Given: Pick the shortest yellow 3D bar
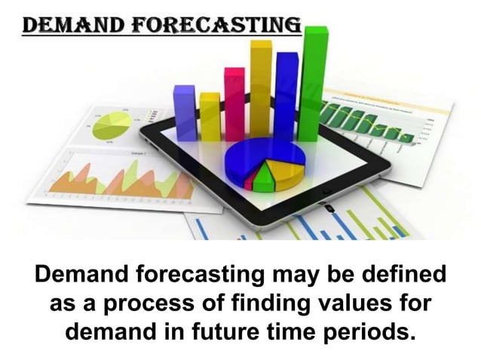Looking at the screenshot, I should [x=210, y=117].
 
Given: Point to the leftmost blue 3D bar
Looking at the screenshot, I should [x=184, y=113].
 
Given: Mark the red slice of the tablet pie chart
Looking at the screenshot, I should [x=250, y=181].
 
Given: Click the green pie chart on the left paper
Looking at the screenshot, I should [x=111, y=125].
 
